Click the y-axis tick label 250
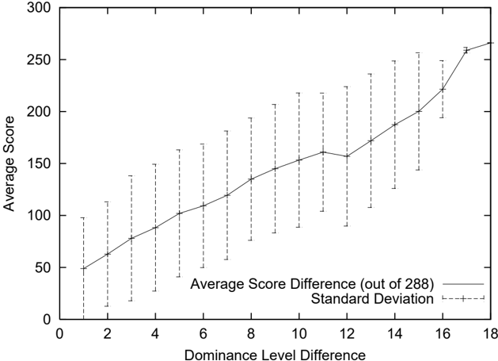39,60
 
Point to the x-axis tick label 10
298,334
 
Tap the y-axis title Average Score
9,163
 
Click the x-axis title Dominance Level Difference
275,355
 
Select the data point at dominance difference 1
84,268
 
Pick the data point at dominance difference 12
347,156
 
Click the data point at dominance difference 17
466,50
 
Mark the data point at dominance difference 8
251,179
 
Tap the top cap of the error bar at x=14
395,60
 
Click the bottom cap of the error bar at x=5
179,277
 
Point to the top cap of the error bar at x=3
131,175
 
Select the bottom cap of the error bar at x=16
443,117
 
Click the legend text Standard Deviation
372,298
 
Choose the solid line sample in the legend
463,284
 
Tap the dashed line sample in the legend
463,298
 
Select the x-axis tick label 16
443,334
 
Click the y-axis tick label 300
39,8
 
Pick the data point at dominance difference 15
419,111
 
